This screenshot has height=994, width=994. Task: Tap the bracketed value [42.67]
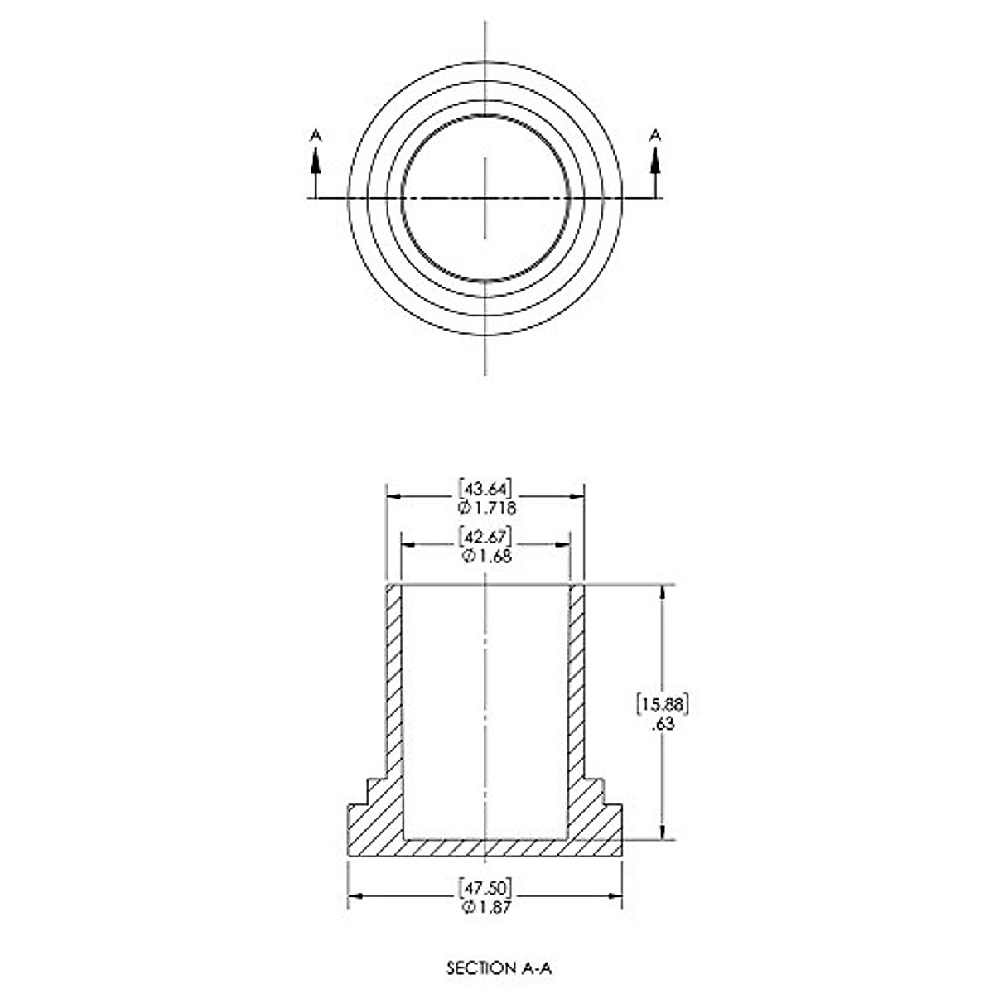pyautogui.click(x=485, y=536)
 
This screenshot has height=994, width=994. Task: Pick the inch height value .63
pyautogui.click(x=663, y=724)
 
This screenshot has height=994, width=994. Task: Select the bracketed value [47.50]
pyautogui.click(x=485, y=888)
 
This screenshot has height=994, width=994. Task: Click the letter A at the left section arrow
pyautogui.click(x=315, y=134)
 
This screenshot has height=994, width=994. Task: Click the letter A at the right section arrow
pyautogui.click(x=655, y=134)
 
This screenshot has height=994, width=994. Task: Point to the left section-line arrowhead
pyautogui.click(x=315, y=161)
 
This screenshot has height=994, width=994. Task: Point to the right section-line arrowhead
pyautogui.click(x=655, y=161)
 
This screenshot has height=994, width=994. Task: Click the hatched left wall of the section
pyautogui.click(x=393, y=679)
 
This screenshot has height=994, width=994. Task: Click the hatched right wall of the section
pyautogui.click(x=577, y=679)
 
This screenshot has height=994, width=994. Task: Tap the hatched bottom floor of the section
pyautogui.click(x=485, y=847)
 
